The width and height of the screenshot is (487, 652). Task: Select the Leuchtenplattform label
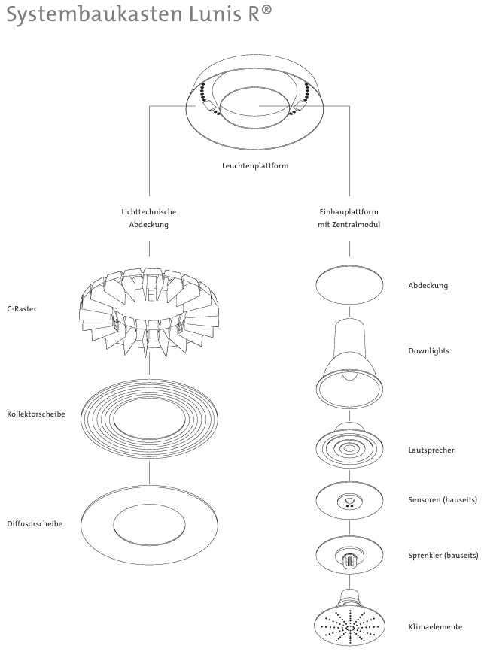(x=255, y=166)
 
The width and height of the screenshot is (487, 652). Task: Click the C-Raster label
(x=22, y=308)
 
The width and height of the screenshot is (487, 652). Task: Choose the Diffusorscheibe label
(x=35, y=523)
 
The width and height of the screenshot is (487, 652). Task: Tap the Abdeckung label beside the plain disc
(x=428, y=286)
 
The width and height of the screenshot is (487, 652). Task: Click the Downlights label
(x=429, y=351)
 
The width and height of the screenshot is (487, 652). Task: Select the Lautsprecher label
(x=431, y=450)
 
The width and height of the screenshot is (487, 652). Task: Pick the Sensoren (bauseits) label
(x=443, y=500)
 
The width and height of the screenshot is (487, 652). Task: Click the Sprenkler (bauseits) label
(x=443, y=556)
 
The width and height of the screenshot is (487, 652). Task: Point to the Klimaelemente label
(x=435, y=626)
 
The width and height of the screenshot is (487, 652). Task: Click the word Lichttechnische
(x=149, y=212)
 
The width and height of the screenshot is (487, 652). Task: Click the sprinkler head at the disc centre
(x=349, y=560)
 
